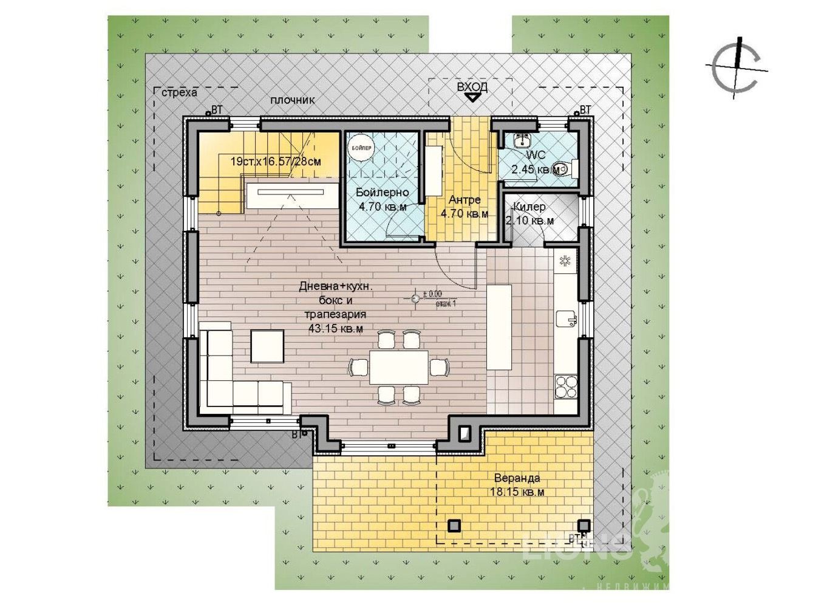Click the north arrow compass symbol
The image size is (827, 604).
(x=737, y=67)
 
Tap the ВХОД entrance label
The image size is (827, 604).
(x=472, y=87)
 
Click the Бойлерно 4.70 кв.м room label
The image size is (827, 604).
(x=382, y=199)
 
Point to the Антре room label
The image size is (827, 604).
(x=465, y=200)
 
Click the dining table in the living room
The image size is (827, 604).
(x=399, y=367)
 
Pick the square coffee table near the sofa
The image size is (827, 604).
(x=267, y=345)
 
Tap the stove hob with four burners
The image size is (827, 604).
(x=566, y=386)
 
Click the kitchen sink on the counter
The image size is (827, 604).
(x=565, y=319)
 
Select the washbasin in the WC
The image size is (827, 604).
(x=520, y=140)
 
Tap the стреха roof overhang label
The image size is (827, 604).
(x=179, y=92)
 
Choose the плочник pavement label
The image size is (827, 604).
(x=293, y=100)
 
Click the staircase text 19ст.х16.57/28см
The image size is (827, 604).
(x=276, y=162)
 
